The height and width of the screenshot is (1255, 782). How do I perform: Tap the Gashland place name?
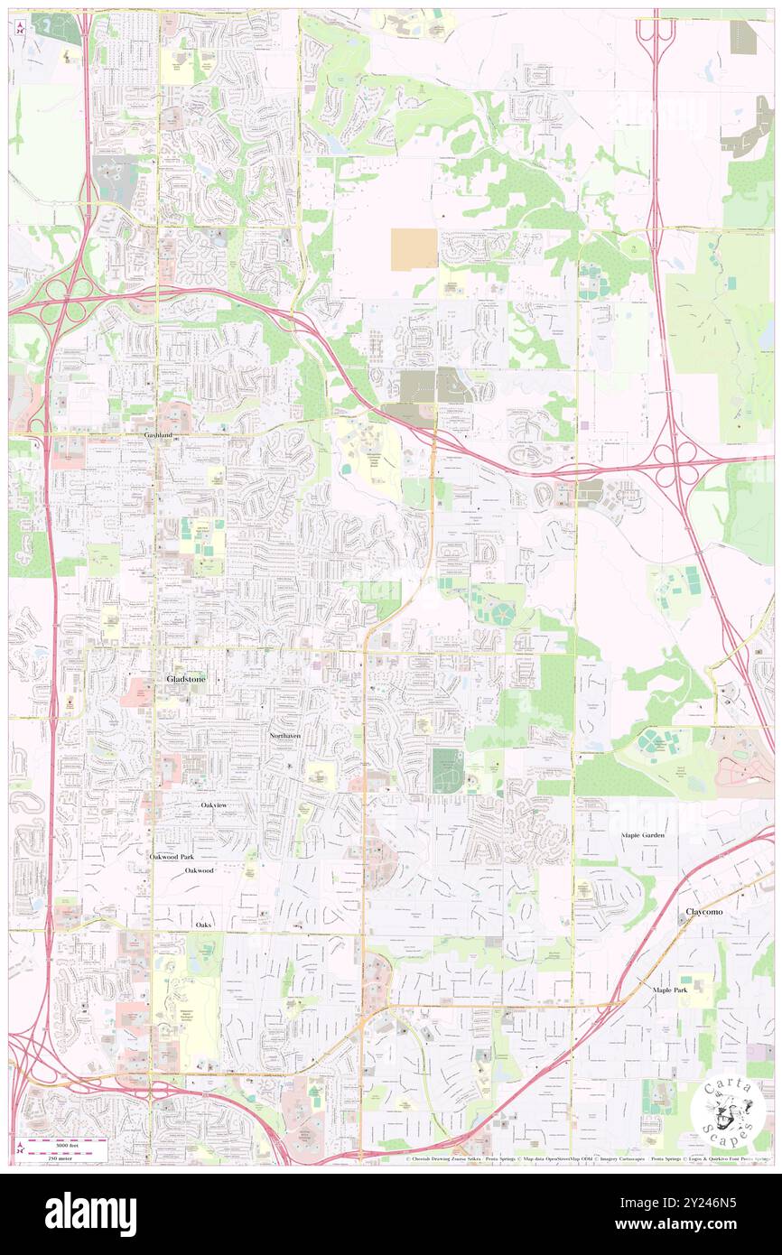click(x=158, y=434)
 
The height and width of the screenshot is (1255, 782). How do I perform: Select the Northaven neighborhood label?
click(x=284, y=737)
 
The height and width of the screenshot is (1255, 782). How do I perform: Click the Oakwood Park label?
click(x=172, y=856)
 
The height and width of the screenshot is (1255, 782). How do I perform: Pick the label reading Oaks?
click(x=202, y=925)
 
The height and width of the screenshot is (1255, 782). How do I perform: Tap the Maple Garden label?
click(x=642, y=835)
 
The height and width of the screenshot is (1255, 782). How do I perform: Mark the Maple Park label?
click(x=670, y=990)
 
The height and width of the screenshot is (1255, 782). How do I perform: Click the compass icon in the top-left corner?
click(x=20, y=28)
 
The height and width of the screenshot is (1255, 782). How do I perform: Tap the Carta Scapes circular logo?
click(x=729, y=1110)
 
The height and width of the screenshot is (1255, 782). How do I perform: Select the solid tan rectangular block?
click(x=414, y=249)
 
